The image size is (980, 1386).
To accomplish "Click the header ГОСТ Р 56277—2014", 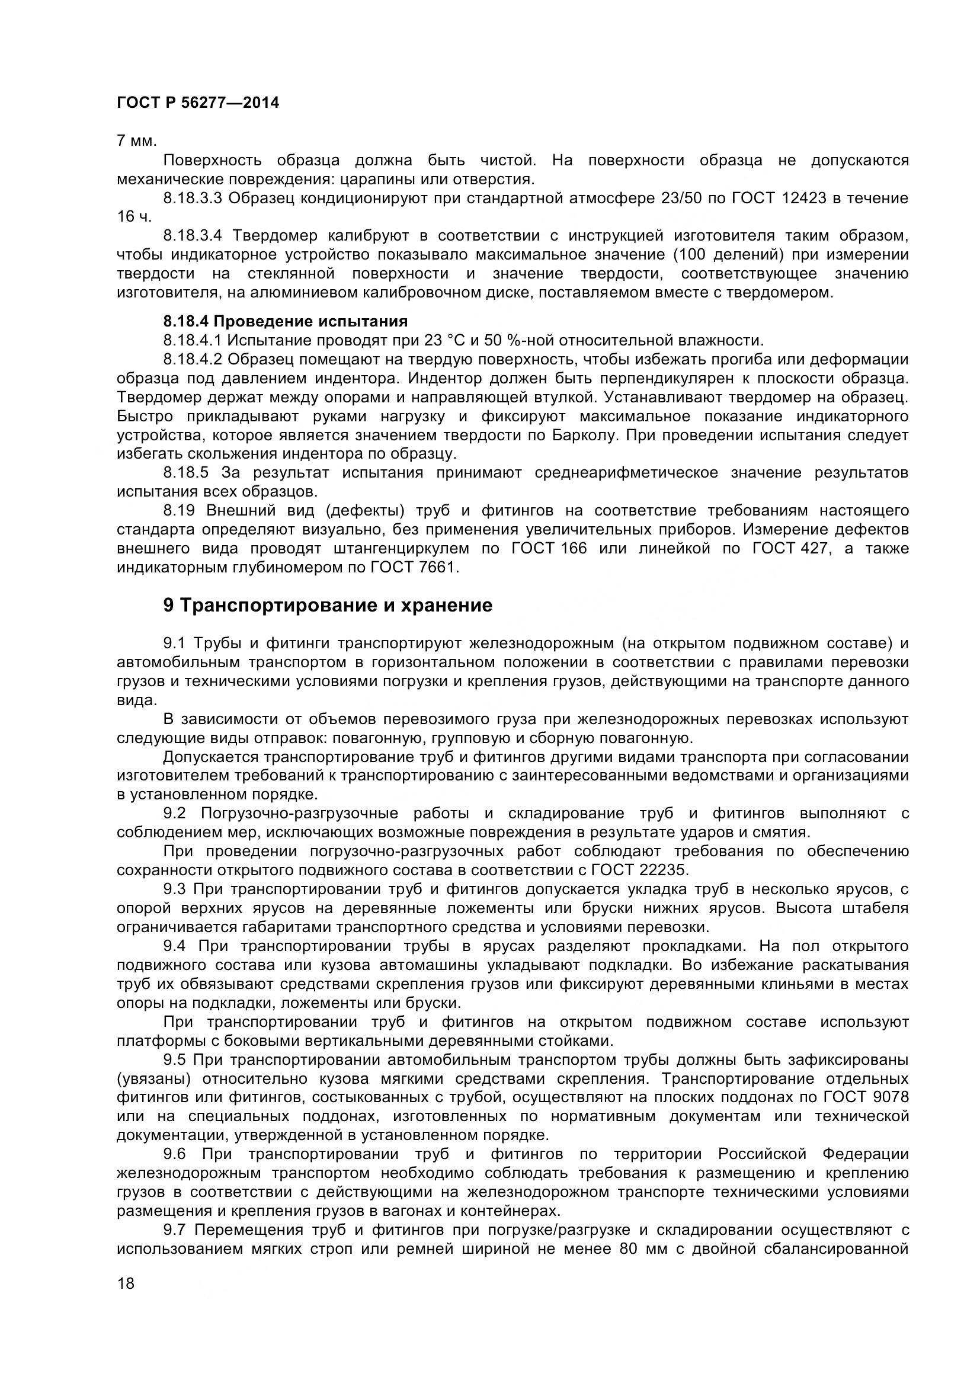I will (198, 103).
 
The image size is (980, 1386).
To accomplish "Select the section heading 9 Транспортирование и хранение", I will (328, 605).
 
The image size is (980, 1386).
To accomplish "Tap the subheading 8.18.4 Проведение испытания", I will (286, 321).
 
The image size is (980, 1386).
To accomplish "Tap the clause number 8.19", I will (178, 511).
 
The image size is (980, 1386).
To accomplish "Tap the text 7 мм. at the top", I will (136, 141).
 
